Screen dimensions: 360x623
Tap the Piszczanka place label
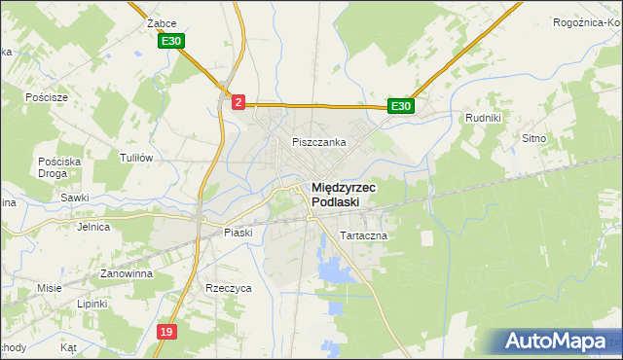point(319,142)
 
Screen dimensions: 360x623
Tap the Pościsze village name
point(47,97)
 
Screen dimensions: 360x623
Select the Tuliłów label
point(136,157)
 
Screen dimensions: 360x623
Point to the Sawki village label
point(74,198)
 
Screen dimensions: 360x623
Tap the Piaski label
point(238,233)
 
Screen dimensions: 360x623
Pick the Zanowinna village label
point(122,274)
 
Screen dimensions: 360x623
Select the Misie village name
point(50,288)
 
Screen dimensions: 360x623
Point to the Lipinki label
point(92,304)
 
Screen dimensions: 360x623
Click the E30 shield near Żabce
point(171,41)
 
